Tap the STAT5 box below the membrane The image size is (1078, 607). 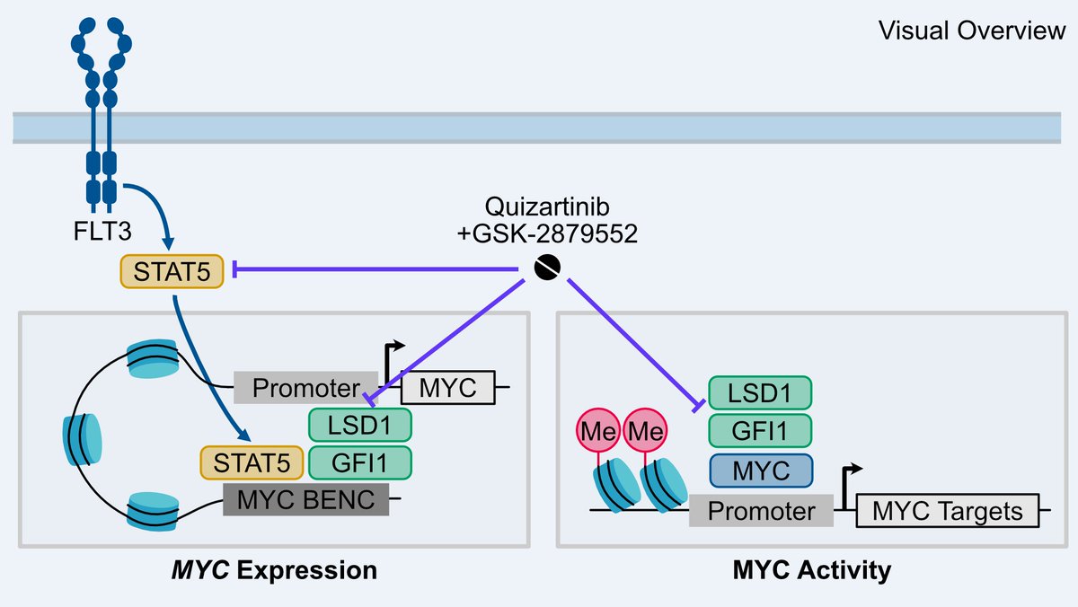point(171,271)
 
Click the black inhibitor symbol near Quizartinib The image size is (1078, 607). point(547,267)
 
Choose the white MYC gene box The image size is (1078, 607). point(446,388)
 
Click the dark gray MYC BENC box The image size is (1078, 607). point(305,499)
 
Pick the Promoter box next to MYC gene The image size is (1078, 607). point(305,388)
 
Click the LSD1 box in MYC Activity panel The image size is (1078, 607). point(760,392)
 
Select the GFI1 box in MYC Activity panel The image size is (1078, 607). point(760,430)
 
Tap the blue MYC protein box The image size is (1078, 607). point(760,471)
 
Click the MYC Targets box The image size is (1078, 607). point(948,511)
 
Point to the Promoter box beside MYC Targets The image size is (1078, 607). point(761,511)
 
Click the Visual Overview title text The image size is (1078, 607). point(972,31)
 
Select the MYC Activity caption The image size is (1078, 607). point(812,570)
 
